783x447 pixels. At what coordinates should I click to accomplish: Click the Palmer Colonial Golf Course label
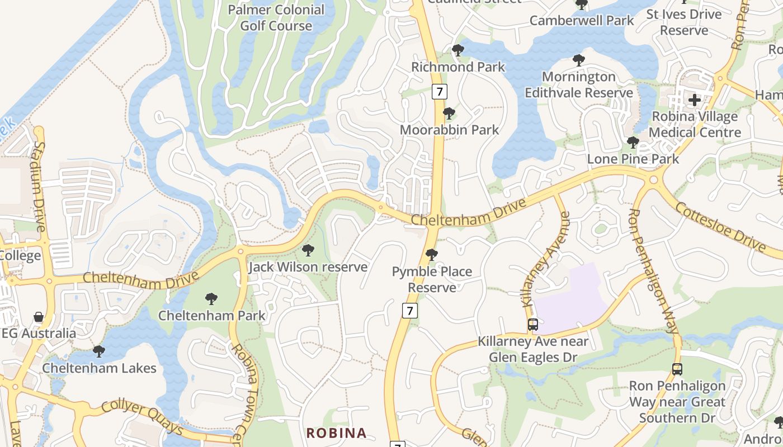pyautogui.click(x=276, y=18)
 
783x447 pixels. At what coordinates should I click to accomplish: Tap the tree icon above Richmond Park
pyautogui.click(x=458, y=50)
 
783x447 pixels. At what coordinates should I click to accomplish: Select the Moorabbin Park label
pyautogui.click(x=449, y=130)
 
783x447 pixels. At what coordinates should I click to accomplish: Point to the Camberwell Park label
pyautogui.click(x=582, y=21)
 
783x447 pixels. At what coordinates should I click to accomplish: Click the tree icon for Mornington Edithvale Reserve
pyautogui.click(x=579, y=60)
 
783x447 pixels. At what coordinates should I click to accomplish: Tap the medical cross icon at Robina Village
pyautogui.click(x=695, y=100)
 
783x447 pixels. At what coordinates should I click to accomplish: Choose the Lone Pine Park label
pyautogui.click(x=633, y=159)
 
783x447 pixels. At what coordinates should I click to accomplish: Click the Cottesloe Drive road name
pyautogui.click(x=720, y=226)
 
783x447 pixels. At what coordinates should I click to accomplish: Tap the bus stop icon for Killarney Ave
pyautogui.click(x=533, y=324)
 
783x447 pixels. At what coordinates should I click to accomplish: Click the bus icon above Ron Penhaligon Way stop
pyautogui.click(x=677, y=369)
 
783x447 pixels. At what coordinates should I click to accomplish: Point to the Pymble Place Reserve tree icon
pyautogui.click(x=431, y=255)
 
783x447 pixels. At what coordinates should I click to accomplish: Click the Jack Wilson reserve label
pyautogui.click(x=308, y=267)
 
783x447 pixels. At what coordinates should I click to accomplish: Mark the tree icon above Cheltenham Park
pyautogui.click(x=211, y=299)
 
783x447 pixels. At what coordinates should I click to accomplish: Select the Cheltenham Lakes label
pyautogui.click(x=100, y=368)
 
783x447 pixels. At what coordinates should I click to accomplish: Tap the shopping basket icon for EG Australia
pyautogui.click(x=39, y=317)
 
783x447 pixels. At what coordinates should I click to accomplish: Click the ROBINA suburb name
pyautogui.click(x=336, y=433)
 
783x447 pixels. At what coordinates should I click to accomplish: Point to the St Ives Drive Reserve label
pyautogui.click(x=684, y=22)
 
